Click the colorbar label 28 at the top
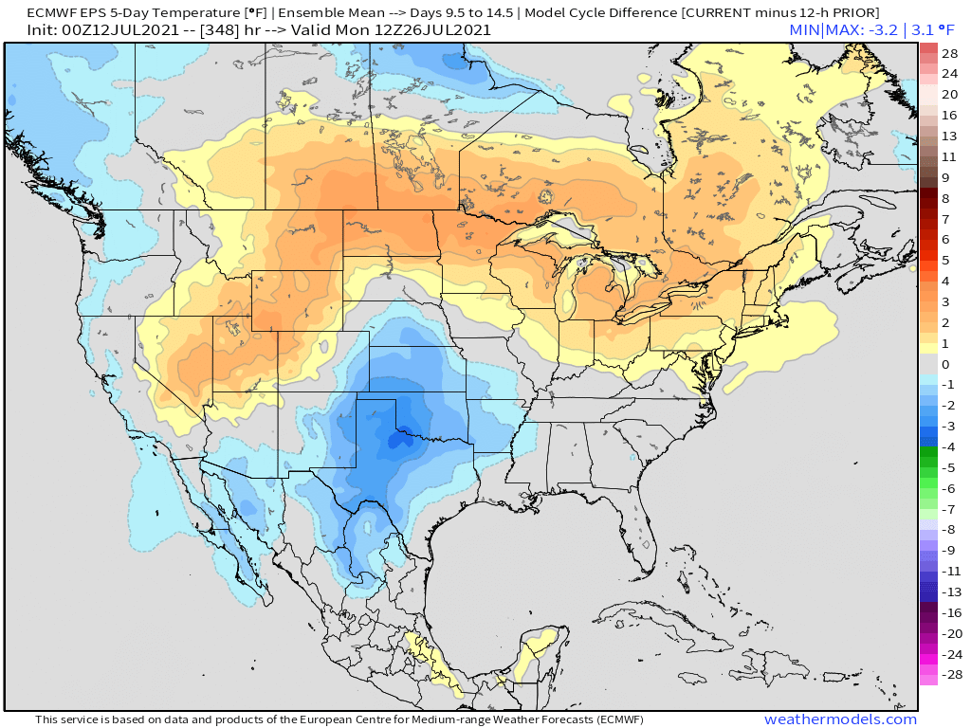[950, 52]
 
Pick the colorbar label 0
[945, 364]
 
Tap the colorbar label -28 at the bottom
[948, 675]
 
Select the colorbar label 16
[950, 115]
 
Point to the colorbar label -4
[948, 446]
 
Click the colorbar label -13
[950, 591]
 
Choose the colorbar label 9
[945, 177]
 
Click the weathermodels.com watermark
[840, 719]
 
